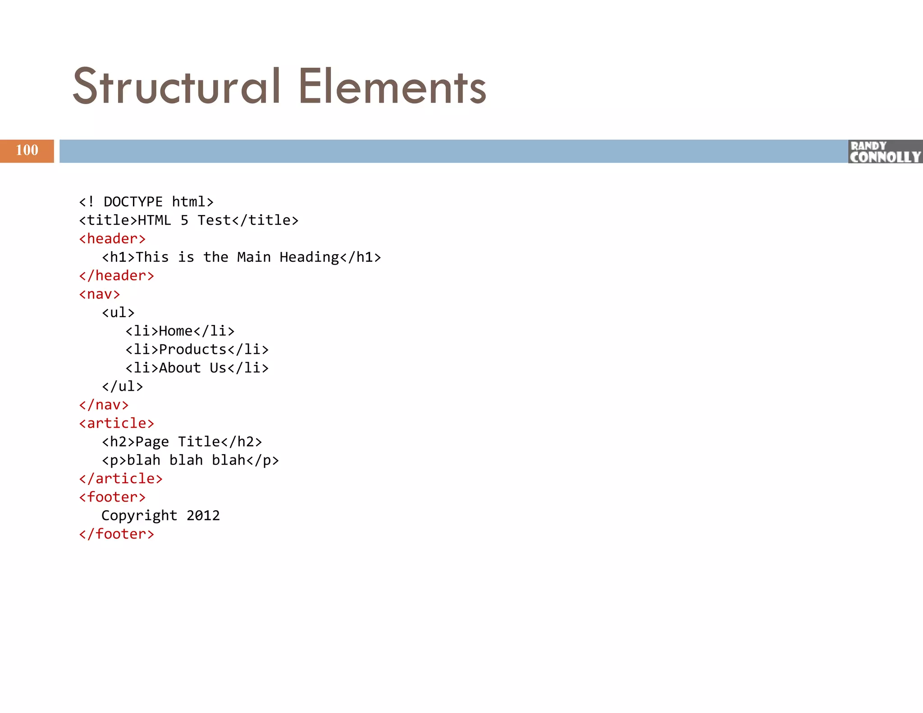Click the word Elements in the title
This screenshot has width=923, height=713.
[x=392, y=87]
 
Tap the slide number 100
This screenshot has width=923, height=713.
[x=27, y=151]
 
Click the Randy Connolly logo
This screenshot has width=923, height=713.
[x=885, y=152]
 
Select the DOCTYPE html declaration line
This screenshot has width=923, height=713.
[x=146, y=201]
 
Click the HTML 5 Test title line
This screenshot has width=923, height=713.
[x=188, y=220]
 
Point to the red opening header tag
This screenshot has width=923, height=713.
[x=112, y=238]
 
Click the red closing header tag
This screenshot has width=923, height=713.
[x=116, y=275]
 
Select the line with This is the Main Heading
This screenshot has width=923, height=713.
[x=241, y=257]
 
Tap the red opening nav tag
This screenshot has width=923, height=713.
[x=100, y=294]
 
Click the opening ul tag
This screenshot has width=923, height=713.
[x=118, y=312]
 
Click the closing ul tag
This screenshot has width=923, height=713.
[x=122, y=386]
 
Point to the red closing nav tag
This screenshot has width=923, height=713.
[x=104, y=405]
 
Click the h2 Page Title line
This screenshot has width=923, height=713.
[x=182, y=442]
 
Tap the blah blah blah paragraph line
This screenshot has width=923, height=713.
[x=190, y=460]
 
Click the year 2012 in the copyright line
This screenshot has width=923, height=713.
[x=203, y=515]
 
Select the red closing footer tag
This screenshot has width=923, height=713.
[x=116, y=534]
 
